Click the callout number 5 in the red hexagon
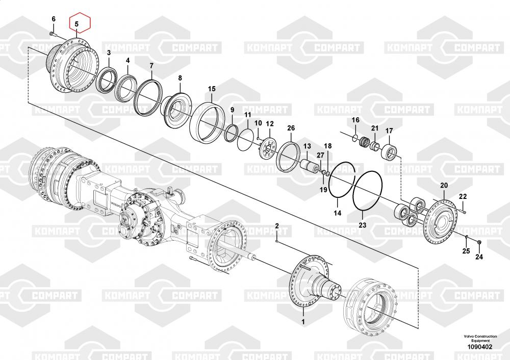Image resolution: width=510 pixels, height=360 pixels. pyautogui.click(x=76, y=24)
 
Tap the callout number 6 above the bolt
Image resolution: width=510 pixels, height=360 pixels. pyautogui.click(x=54, y=19)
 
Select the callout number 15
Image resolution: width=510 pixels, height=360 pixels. pyautogui.click(x=212, y=89)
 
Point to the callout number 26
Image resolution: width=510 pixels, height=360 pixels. pyautogui.click(x=291, y=128)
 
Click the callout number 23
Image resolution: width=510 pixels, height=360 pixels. pyautogui.click(x=362, y=225)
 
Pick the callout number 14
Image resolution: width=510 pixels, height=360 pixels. pyautogui.click(x=338, y=213)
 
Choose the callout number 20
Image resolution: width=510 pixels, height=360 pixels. pyautogui.click(x=444, y=186)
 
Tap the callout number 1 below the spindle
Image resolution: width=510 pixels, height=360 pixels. pyautogui.click(x=303, y=322)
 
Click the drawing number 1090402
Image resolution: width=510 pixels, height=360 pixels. pyautogui.click(x=480, y=347)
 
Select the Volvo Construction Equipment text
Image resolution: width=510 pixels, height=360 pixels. pyautogui.click(x=480, y=338)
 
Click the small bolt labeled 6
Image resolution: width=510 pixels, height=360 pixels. pyautogui.click(x=53, y=34)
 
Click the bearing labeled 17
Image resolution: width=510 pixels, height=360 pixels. pyautogui.click(x=389, y=152)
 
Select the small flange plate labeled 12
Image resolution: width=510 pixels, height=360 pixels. pyautogui.click(x=268, y=148)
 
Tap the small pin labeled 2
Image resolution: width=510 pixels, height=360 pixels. pyautogui.click(x=277, y=241)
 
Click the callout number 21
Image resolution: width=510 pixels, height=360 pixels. pyautogui.click(x=375, y=128)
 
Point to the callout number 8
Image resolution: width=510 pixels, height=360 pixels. pyautogui.click(x=180, y=78)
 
